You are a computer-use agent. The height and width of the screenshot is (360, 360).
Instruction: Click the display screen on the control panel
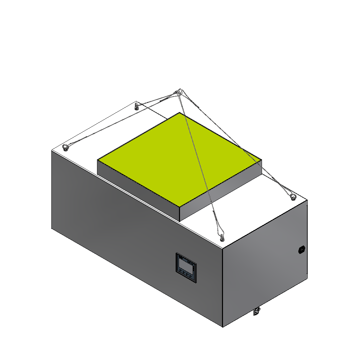[186, 265]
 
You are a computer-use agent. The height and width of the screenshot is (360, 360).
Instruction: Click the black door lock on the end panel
[302, 249]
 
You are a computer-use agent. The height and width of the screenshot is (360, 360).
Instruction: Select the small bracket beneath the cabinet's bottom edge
[256, 311]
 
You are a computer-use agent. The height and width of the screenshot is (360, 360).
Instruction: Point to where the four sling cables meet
[179, 92]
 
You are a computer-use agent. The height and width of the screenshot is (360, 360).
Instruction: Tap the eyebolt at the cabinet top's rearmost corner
[136, 107]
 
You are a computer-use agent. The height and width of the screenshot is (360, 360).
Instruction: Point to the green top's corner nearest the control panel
[180, 206]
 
